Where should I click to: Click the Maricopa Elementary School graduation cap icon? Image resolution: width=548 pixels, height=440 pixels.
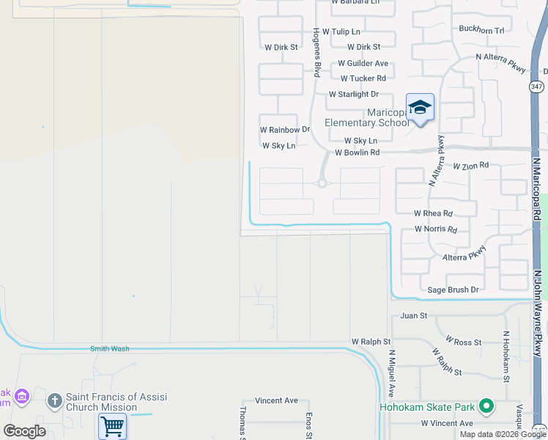pyautogui.click(x=420, y=109)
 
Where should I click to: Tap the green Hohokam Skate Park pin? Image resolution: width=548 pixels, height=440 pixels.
pyautogui.click(x=486, y=406)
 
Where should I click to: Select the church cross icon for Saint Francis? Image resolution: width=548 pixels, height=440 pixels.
pyautogui.click(x=53, y=401)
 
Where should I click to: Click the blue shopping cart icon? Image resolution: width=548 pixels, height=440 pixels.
pyautogui.click(x=112, y=426)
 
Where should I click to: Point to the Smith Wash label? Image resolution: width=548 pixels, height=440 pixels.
pyautogui.click(x=110, y=348)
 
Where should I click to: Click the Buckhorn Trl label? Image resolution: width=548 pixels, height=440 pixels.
pyautogui.click(x=481, y=30)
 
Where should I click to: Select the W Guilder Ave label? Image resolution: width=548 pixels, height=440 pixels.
pyautogui.click(x=364, y=64)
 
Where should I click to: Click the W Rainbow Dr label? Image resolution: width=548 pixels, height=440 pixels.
pyautogui.click(x=285, y=130)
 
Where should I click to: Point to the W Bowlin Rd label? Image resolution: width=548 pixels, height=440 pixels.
pyautogui.click(x=357, y=153)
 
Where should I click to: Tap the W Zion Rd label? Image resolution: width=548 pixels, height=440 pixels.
pyautogui.click(x=470, y=166)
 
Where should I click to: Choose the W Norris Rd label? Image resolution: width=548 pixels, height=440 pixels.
pyautogui.click(x=435, y=229)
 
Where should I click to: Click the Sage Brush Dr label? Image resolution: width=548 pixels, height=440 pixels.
pyautogui.click(x=453, y=290)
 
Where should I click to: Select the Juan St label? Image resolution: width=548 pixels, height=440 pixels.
pyautogui.click(x=413, y=315)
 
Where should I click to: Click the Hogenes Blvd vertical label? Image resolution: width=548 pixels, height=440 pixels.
pyautogui.click(x=317, y=53)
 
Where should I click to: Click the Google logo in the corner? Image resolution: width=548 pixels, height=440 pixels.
pyautogui.click(x=24, y=430)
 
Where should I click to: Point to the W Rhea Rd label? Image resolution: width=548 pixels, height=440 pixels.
pyautogui.click(x=433, y=213)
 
